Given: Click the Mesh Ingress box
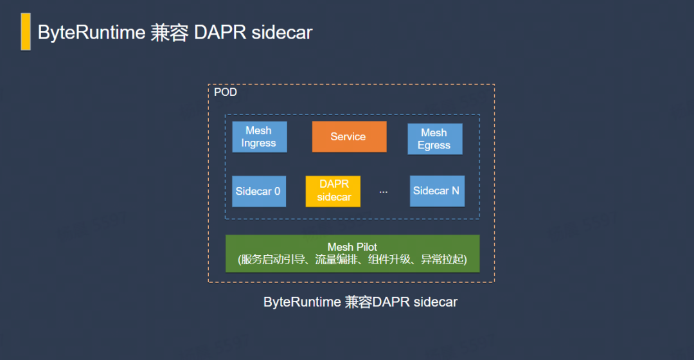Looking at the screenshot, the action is click(x=260, y=137).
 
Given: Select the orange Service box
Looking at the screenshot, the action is click(x=349, y=137).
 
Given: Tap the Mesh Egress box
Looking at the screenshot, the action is click(x=435, y=139).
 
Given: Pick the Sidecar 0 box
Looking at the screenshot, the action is click(x=259, y=192).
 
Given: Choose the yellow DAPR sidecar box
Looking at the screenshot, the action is click(x=333, y=192).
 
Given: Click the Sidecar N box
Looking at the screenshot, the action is click(x=438, y=191).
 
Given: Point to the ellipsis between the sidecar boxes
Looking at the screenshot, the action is click(x=383, y=192).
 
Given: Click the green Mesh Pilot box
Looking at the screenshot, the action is click(x=352, y=254).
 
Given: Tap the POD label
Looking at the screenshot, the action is click(x=226, y=92).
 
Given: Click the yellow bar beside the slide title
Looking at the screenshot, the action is click(x=26, y=32).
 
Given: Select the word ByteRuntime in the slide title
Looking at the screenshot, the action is click(x=92, y=32).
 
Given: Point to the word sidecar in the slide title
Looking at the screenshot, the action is click(x=282, y=33).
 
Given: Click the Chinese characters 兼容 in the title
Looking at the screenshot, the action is click(x=170, y=33).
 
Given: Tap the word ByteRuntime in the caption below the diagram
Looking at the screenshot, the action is click(x=302, y=302).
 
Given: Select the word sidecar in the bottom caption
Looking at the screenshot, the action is click(x=436, y=302).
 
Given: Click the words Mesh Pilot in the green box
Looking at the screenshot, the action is click(x=352, y=247).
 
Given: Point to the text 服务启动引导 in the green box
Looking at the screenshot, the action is click(x=273, y=260).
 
